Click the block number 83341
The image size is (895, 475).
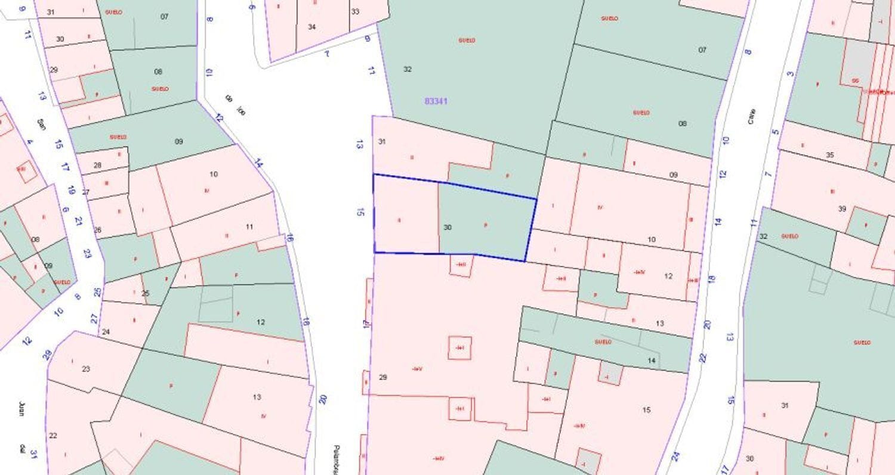point(436,101)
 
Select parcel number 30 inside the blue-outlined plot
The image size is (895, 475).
point(447,227)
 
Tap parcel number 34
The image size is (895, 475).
point(311,27)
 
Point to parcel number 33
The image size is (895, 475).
point(355,11)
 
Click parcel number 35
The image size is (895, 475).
point(829,155)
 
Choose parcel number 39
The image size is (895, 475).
point(842,209)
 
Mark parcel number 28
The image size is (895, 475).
point(97,165)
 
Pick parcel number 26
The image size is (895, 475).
point(97,229)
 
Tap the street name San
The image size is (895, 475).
point(41,124)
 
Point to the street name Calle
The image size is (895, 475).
point(751,116)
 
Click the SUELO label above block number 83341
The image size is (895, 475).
point(467,41)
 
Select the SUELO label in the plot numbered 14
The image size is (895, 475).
point(603,342)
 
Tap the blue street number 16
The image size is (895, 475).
point(290,238)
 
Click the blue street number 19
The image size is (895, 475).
point(71,191)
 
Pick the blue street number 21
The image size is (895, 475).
point(78,221)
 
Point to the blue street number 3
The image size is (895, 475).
point(791,74)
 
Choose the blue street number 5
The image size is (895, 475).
point(776,131)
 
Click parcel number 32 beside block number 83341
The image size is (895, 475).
point(407,69)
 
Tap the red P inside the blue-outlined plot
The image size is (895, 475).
point(486,225)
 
